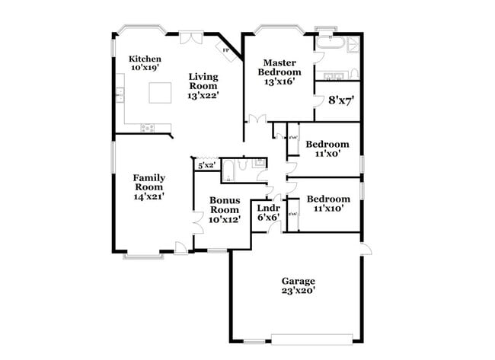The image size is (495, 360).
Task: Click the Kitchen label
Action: pyautogui.click(x=145, y=62)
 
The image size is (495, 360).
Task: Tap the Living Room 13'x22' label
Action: pyautogui.click(x=204, y=85)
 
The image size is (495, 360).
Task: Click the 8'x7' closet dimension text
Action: pyautogui.click(x=341, y=100)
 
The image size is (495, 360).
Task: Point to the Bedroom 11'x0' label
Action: pyautogui.click(x=327, y=148)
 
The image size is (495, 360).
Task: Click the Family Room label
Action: pyautogui.click(x=150, y=186)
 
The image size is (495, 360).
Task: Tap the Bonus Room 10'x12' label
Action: pyautogui.click(x=225, y=209)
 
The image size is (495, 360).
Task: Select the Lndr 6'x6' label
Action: pyautogui.click(x=268, y=212)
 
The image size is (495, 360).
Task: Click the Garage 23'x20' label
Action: pyautogui.click(x=298, y=285)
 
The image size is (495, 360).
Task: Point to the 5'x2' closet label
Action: pyautogui.click(x=206, y=164)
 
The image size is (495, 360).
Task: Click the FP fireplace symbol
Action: pyautogui.click(x=226, y=51)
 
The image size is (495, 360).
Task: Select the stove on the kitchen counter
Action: pyautogui.click(x=148, y=127)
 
